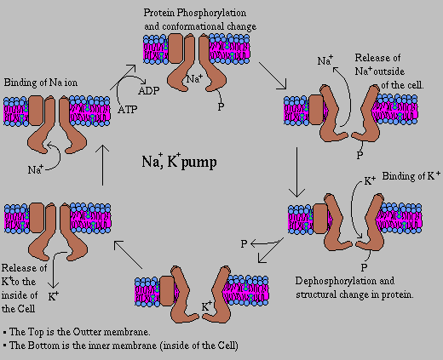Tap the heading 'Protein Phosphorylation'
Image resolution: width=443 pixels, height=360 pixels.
pos(194,13)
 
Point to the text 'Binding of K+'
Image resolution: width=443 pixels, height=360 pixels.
pos(407,176)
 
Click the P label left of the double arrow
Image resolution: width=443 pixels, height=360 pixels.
pos(244,244)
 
